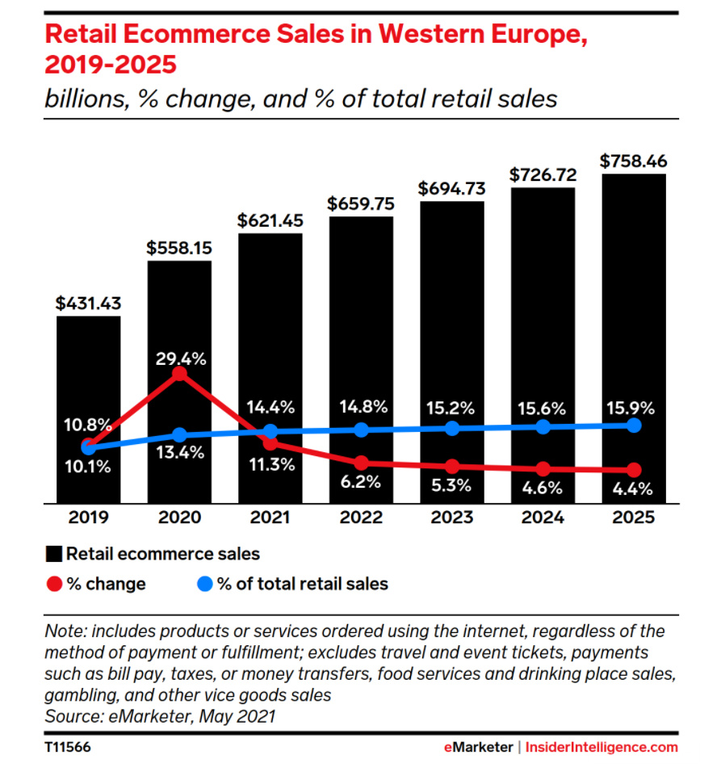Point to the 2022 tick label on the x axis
(x=361, y=517)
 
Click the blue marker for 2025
(x=634, y=425)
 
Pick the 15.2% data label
(x=452, y=406)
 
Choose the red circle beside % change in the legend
(x=55, y=584)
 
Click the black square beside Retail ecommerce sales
(x=55, y=554)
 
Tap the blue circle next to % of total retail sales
(x=205, y=584)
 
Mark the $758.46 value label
(x=634, y=161)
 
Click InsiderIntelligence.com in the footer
(x=602, y=748)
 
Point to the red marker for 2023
(x=452, y=466)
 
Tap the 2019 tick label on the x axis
(x=88, y=517)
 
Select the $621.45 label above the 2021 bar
(x=270, y=220)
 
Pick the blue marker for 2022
(x=361, y=430)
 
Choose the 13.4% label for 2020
(x=181, y=452)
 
